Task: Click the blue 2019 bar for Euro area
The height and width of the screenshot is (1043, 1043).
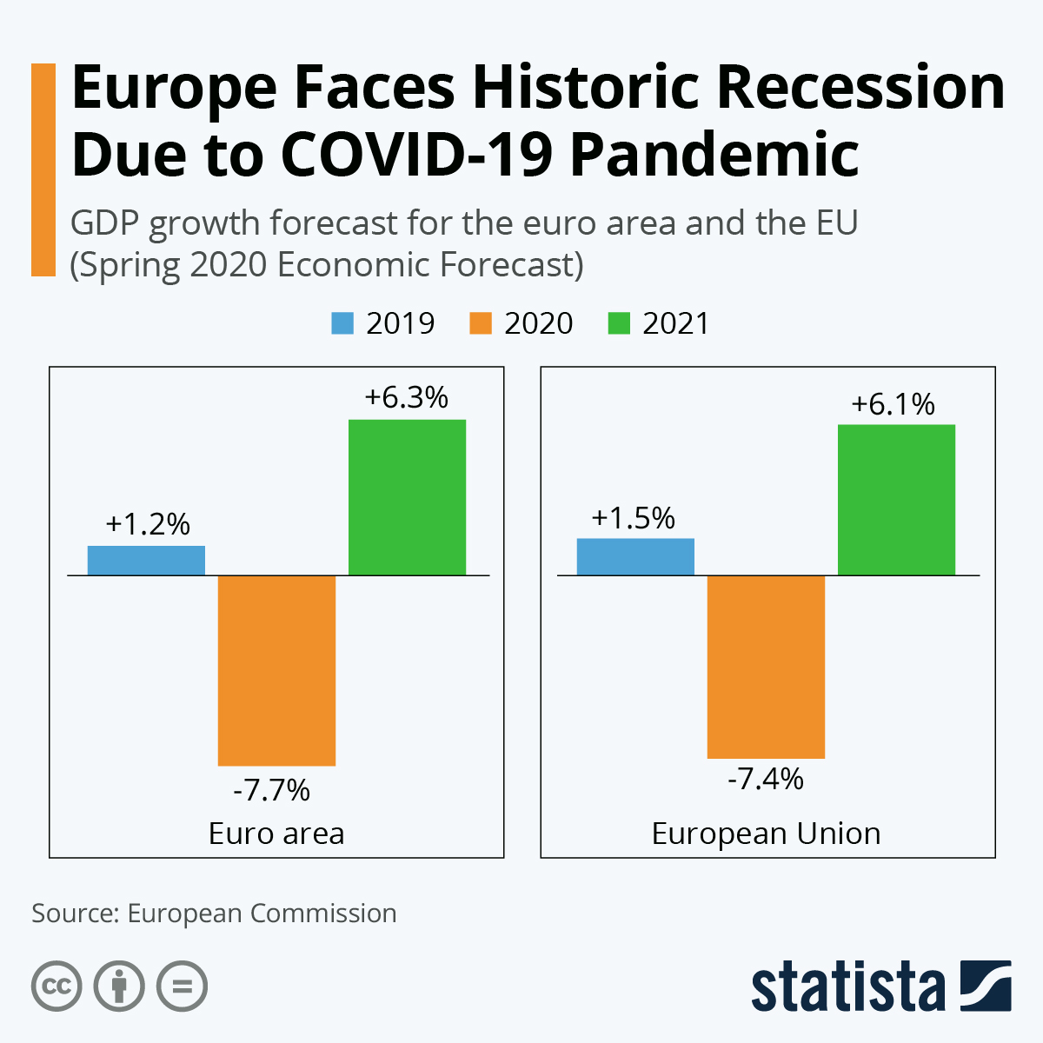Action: [146, 561]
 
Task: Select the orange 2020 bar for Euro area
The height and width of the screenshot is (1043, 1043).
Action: [276, 670]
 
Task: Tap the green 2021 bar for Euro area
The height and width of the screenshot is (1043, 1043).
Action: [407, 497]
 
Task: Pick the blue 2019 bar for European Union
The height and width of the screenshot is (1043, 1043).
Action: [635, 557]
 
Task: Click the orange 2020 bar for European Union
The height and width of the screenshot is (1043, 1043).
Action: [766, 667]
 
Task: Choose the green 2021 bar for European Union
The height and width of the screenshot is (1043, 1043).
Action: [896, 500]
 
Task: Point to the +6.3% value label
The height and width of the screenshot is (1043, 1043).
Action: [407, 398]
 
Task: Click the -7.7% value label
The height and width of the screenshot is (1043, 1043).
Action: [271, 791]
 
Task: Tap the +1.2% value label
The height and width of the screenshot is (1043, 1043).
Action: [148, 524]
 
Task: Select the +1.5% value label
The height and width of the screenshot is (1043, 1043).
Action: [633, 518]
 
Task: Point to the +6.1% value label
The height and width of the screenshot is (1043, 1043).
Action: [893, 404]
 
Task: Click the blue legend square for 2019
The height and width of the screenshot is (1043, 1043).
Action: [342, 323]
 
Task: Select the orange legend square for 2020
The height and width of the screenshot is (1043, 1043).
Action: [481, 323]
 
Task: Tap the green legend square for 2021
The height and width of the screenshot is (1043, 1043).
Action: [619, 323]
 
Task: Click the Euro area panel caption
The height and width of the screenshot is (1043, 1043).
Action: [276, 834]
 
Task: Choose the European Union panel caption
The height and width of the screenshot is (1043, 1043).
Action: [766, 834]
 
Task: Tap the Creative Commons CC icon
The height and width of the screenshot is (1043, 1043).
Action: [56, 987]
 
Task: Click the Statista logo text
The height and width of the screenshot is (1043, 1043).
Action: [847, 987]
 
